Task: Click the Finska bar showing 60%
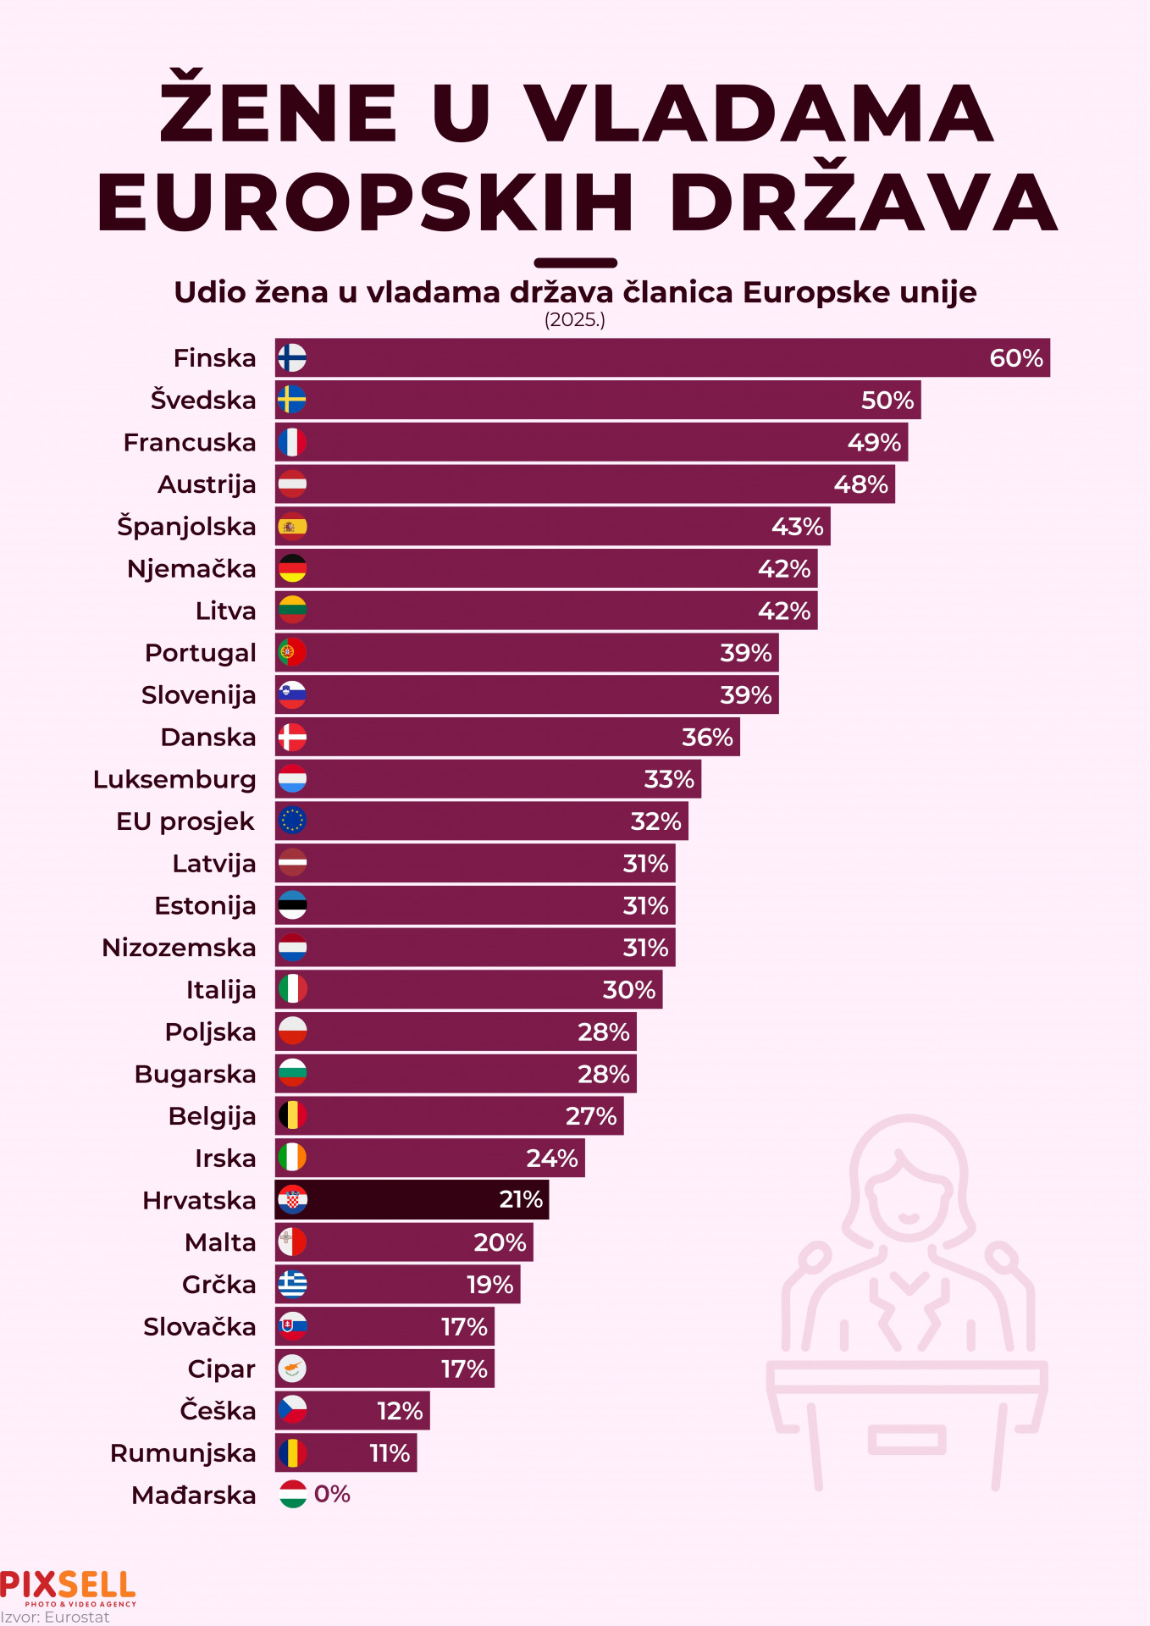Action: tap(661, 358)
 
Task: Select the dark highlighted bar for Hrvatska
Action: tap(412, 1200)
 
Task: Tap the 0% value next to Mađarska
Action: tap(332, 1495)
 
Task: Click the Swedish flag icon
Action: tap(292, 400)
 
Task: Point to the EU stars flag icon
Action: tap(292, 821)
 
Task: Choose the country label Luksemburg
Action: tap(174, 779)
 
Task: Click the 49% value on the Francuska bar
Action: tap(874, 442)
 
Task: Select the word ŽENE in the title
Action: tap(279, 112)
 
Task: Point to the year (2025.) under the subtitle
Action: tap(574, 320)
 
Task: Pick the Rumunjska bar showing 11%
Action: tap(346, 1453)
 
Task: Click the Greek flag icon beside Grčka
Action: tap(292, 1285)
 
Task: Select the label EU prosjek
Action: tap(185, 821)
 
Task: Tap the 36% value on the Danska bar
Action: tap(707, 737)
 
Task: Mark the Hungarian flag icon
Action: tap(292, 1495)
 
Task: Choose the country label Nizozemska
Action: tap(179, 948)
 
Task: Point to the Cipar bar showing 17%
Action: tap(384, 1369)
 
